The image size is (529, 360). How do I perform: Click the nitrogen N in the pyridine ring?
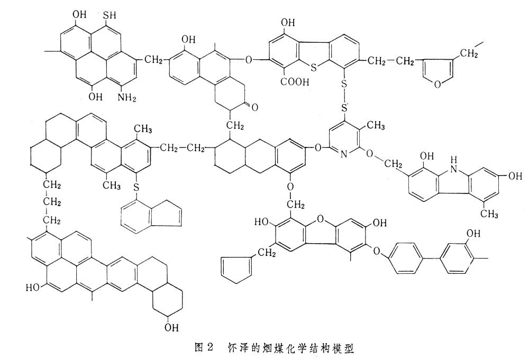[x=343, y=154]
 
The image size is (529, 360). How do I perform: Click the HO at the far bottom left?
[x=34, y=288]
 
